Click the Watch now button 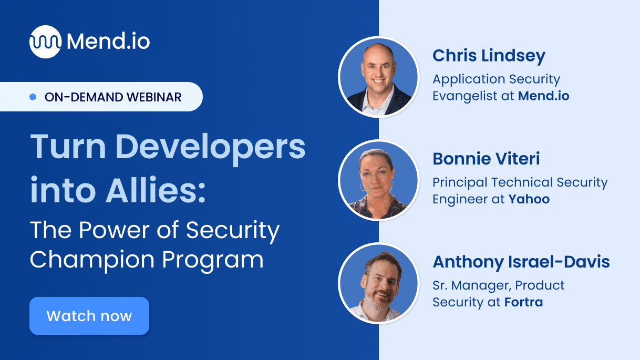pos(89,316)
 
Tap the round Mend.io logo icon pos(45,42)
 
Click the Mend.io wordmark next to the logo pos(109,42)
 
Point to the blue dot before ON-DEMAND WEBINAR pos(33,97)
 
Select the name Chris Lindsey pos(489,56)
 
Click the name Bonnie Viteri pos(486,159)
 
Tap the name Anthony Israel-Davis pos(521,262)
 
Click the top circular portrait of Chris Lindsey pos(378,77)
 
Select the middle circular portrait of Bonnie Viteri pos(378,180)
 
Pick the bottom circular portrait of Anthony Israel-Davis pos(378,283)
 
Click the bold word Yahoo pos(529,199)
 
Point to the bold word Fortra pos(523,302)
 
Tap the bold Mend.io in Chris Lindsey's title pos(543,96)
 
